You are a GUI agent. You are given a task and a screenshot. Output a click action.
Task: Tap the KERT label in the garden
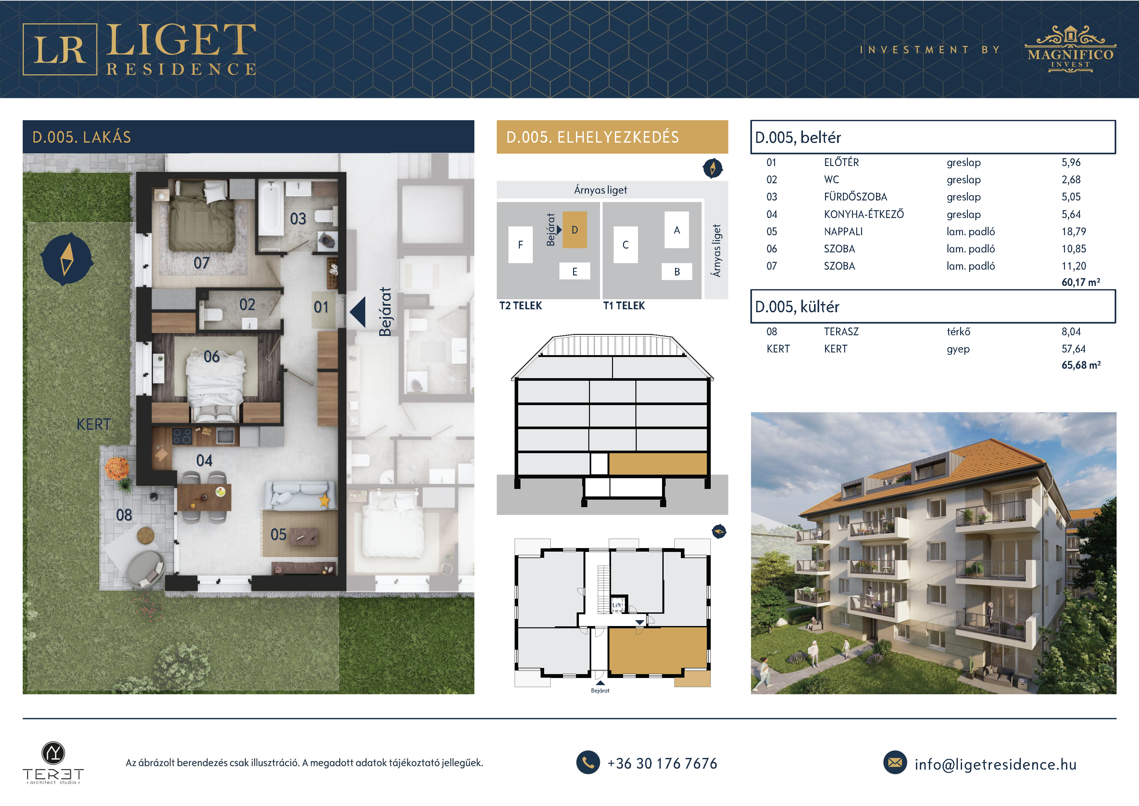94,424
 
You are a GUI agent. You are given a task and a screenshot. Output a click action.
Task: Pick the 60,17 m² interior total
1081,282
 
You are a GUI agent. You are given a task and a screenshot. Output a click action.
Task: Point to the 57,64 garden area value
1073,348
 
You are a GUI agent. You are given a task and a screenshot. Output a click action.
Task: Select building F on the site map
520,245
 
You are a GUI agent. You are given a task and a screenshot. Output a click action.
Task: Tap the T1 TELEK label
624,306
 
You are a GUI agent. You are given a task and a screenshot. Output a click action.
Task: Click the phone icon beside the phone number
588,762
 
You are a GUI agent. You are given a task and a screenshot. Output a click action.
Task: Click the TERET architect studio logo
53,763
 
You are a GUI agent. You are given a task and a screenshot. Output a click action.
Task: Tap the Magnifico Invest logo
1070,49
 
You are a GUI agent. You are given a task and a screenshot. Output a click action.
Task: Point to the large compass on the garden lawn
67,259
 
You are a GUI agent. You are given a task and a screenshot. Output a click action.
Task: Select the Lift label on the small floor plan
617,605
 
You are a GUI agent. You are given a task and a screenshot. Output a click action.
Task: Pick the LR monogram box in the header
60,49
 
